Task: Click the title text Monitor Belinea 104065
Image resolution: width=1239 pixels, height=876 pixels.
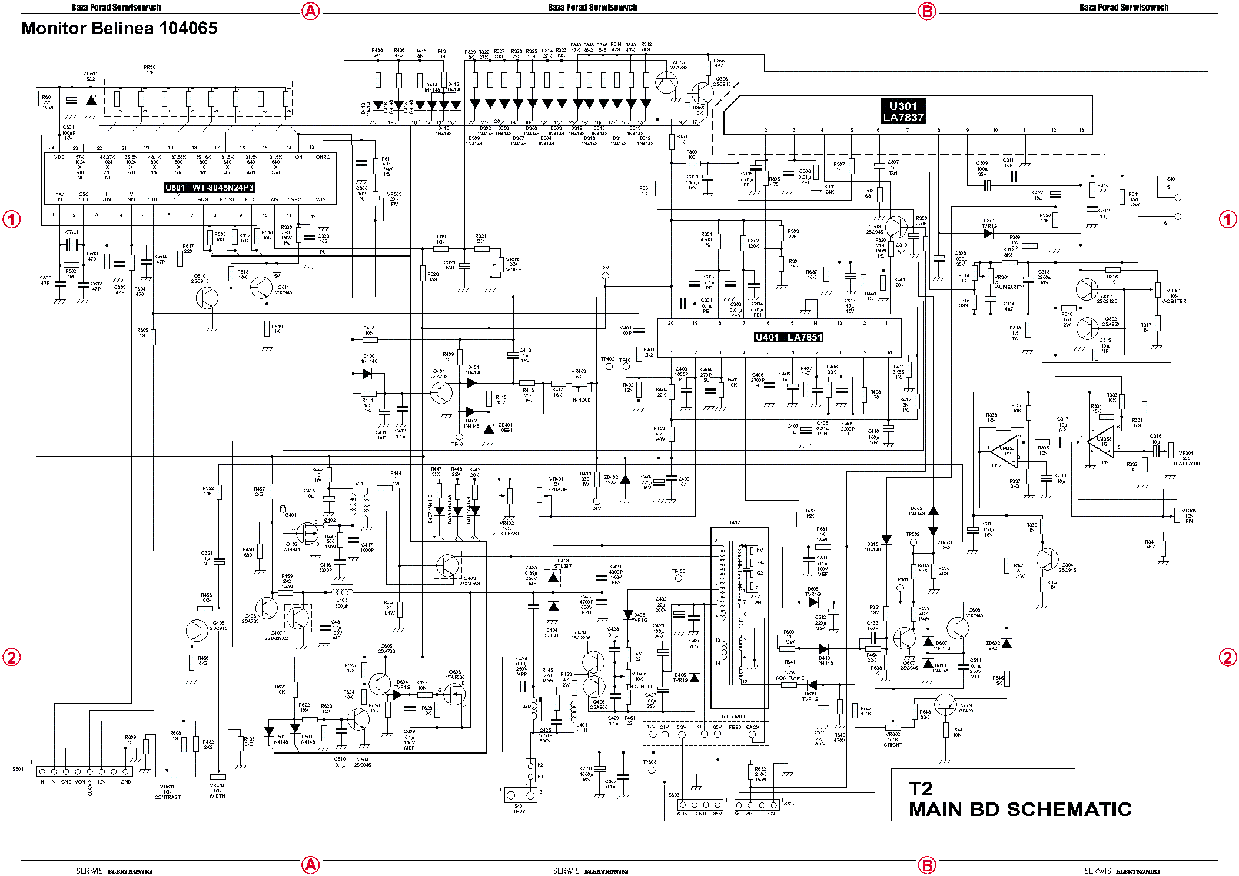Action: [x=119, y=28]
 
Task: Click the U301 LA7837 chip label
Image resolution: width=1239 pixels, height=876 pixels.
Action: [x=903, y=112]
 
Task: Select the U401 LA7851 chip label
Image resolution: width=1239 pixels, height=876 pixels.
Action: [x=788, y=337]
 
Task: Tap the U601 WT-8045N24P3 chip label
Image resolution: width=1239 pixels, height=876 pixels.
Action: [x=209, y=188]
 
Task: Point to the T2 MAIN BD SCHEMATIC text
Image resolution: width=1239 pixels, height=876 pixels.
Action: [x=1019, y=801]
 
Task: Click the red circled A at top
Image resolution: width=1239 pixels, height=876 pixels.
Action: [x=310, y=11]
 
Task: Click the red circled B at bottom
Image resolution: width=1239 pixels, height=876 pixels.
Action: [x=927, y=865]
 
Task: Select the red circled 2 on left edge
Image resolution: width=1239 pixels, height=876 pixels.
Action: [x=12, y=657]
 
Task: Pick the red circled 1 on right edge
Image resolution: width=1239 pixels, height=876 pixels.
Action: [x=1227, y=219]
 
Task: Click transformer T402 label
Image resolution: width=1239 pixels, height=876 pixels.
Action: [x=734, y=522]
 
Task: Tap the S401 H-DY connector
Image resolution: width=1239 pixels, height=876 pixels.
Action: [x=520, y=795]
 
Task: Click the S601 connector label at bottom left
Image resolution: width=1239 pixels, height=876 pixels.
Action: [x=18, y=769]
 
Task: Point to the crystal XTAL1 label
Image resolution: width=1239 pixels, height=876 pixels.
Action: [x=71, y=232]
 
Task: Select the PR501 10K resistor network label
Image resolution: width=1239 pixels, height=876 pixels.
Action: [x=151, y=69]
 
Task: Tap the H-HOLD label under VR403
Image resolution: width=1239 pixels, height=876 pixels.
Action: [x=582, y=400]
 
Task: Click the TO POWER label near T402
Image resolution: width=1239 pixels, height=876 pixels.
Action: [x=733, y=717]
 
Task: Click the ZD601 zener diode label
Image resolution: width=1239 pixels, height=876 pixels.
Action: [x=91, y=76]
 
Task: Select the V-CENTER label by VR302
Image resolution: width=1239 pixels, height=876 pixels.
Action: [x=1174, y=301]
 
